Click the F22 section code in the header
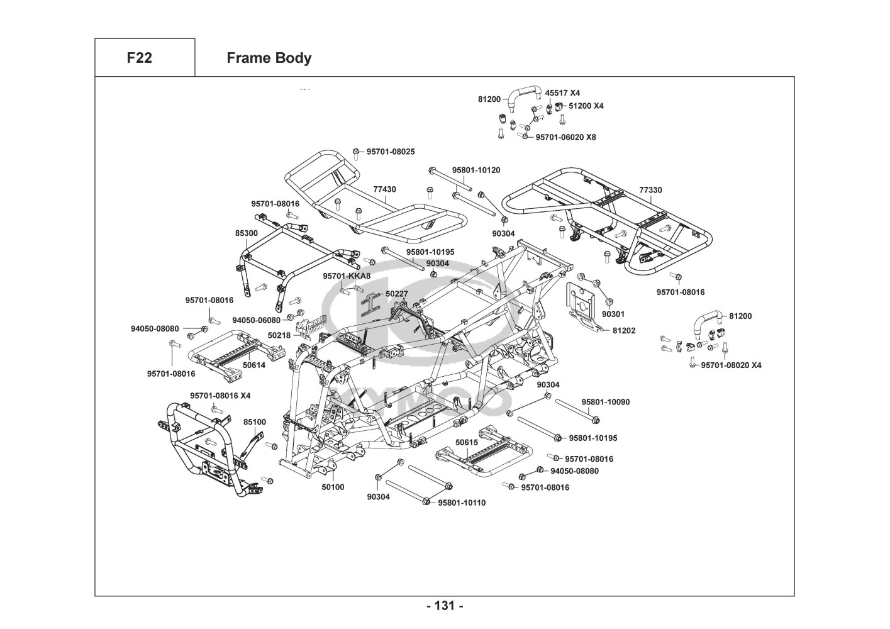tap(139, 58)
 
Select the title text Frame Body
tap(269, 58)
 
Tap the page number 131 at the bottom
tap(445, 606)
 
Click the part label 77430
tap(384, 189)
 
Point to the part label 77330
tap(650, 190)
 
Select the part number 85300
tap(247, 233)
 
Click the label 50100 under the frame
tap(333, 487)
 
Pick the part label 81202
tap(624, 330)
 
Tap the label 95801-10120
tap(476, 170)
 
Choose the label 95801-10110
tap(462, 503)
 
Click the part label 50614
tap(254, 365)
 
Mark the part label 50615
tap(467, 442)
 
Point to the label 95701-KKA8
tap(347, 276)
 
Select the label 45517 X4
tap(562, 93)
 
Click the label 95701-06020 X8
tap(565, 137)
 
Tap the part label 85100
tap(255, 422)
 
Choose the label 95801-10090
tap(605, 402)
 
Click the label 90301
tap(613, 314)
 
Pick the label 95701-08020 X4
tap(731, 365)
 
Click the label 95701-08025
tap(391, 152)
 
